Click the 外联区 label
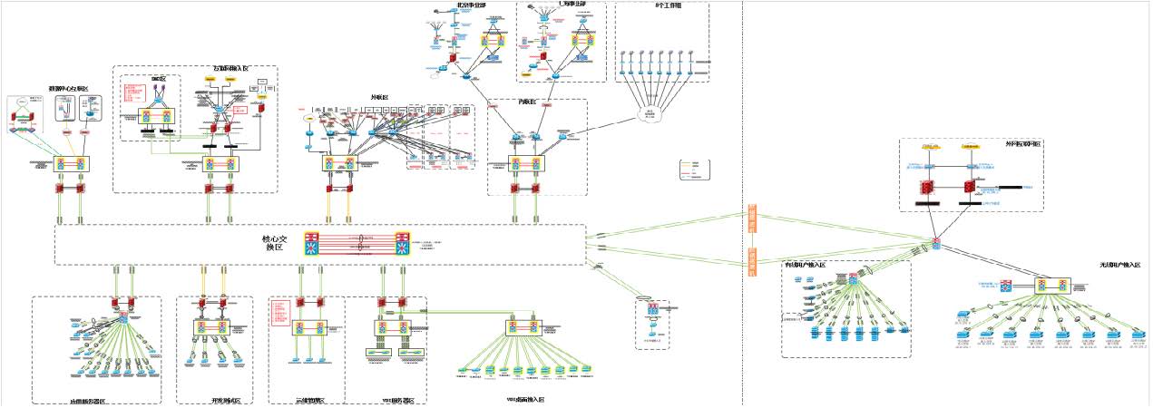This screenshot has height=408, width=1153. coord(379,98)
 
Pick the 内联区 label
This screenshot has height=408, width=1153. coord(529,102)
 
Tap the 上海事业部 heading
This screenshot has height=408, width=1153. coord(553,5)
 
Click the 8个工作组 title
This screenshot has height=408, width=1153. coord(669,5)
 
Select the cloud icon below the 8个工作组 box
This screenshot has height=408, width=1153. coord(650,114)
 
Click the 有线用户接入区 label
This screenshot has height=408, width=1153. coord(805,265)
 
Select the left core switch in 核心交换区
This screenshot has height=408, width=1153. coord(313,244)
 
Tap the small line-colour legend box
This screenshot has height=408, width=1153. coord(694,168)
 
